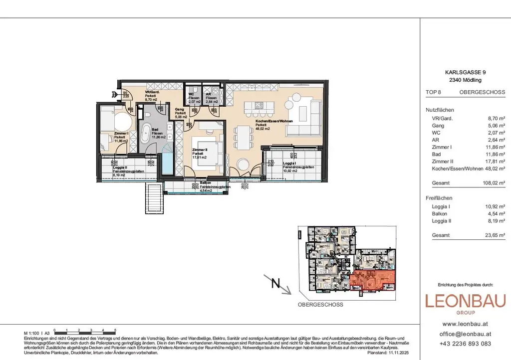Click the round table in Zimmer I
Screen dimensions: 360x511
tap(122, 123)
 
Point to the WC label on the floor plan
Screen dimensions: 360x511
tap(192, 94)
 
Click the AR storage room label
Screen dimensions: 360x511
tap(212, 94)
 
